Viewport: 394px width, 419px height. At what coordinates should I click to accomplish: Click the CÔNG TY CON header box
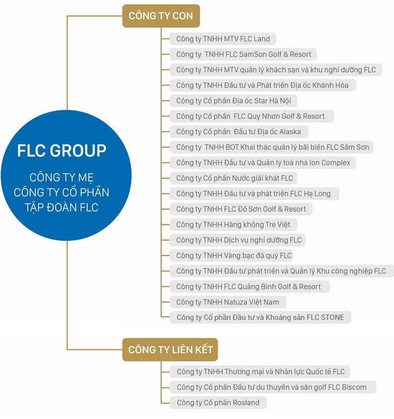161,16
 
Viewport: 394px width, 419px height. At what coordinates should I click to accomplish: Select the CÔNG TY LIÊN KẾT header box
170,349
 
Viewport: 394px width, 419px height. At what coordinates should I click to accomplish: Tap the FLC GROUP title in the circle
62,150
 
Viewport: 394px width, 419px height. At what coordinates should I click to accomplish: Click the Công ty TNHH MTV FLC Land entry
223,39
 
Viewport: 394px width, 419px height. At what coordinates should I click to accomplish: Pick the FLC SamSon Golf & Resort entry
243,54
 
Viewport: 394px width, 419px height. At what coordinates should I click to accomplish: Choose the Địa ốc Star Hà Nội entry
233,101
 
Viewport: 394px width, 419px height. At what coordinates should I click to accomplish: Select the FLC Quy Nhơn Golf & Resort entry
252,116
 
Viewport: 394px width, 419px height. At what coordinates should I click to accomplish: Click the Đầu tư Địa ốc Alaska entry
239,132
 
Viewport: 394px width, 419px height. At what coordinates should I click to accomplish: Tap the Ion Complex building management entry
263,163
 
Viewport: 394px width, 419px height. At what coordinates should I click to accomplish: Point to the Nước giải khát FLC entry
233,178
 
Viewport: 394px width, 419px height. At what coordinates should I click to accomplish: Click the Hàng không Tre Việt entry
233,225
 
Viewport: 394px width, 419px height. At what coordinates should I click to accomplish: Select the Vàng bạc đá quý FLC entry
231,256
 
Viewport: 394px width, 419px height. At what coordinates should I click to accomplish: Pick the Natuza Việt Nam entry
228,302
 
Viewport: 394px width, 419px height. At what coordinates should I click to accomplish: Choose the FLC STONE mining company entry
261,317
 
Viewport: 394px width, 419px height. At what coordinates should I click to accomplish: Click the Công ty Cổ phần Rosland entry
218,402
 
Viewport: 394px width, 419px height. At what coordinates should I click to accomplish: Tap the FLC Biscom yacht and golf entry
273,387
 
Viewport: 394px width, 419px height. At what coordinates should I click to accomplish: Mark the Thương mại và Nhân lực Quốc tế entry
260,372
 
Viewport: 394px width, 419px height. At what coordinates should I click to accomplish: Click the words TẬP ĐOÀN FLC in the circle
62,208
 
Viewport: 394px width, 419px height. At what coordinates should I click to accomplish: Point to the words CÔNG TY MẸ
62,177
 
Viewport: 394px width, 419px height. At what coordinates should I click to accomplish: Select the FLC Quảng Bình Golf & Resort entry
250,287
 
